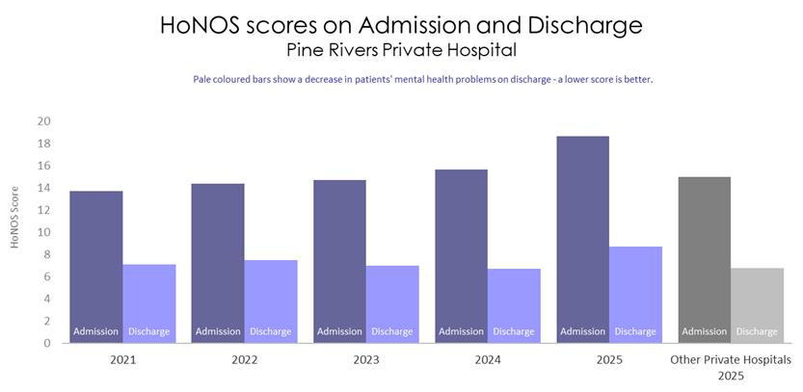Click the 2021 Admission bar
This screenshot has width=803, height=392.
point(96,267)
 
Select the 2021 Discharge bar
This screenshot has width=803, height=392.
point(149,303)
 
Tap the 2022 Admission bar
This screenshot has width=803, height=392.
point(218,263)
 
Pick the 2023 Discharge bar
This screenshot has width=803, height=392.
point(392,304)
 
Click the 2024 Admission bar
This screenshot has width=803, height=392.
point(461,256)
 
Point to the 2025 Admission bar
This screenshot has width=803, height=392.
point(583,240)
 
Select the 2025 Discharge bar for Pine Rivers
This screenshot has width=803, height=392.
point(635,295)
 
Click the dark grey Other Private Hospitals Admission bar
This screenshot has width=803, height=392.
point(704,260)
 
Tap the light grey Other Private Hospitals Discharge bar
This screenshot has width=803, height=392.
point(757,305)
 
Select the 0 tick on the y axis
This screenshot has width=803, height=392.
point(46,343)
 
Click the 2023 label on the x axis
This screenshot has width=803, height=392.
point(366,360)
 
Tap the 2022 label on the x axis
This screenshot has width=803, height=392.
point(244,360)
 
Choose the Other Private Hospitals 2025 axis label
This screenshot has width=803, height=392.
point(731,368)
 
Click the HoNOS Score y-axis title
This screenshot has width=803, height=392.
point(14,217)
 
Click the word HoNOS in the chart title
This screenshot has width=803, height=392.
point(200,25)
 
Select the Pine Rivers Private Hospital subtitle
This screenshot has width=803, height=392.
point(401,50)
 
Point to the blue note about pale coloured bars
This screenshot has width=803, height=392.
point(423,80)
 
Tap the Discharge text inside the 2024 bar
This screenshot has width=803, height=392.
point(514,331)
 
